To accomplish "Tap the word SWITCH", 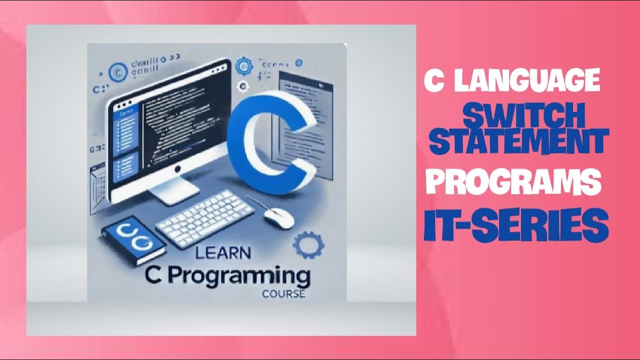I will point(524,116).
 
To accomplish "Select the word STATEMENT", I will point(519,141).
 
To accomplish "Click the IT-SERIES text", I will point(516,225).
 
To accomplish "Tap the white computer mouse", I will point(278,217).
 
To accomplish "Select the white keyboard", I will point(205,217).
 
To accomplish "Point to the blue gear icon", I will point(308,245).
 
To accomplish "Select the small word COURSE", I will point(283,294).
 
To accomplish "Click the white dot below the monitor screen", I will point(176,170).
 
